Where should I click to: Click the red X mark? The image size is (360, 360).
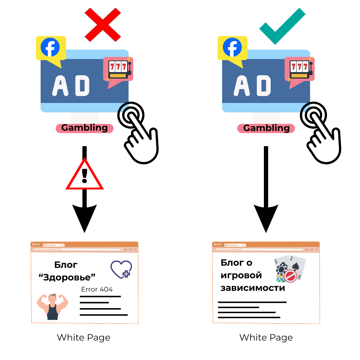click(103, 24)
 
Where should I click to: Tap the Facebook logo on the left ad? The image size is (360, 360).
click(50, 48)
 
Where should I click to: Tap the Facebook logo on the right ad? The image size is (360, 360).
click(232, 48)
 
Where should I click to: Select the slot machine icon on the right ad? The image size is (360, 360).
click(300, 70)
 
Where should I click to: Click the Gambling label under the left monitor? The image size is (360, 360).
click(85, 128)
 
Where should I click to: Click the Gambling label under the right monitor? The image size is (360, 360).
click(266, 128)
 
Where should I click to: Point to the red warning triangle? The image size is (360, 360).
click(85, 176)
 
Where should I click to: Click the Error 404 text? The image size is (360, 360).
click(97, 289)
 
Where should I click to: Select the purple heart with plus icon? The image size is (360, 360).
click(121, 269)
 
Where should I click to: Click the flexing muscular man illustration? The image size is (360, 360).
click(53, 306)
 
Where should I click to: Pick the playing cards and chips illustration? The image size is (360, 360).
click(290, 269)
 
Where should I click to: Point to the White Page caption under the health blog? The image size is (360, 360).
click(84, 338)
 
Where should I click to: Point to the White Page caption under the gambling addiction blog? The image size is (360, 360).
click(266, 338)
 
